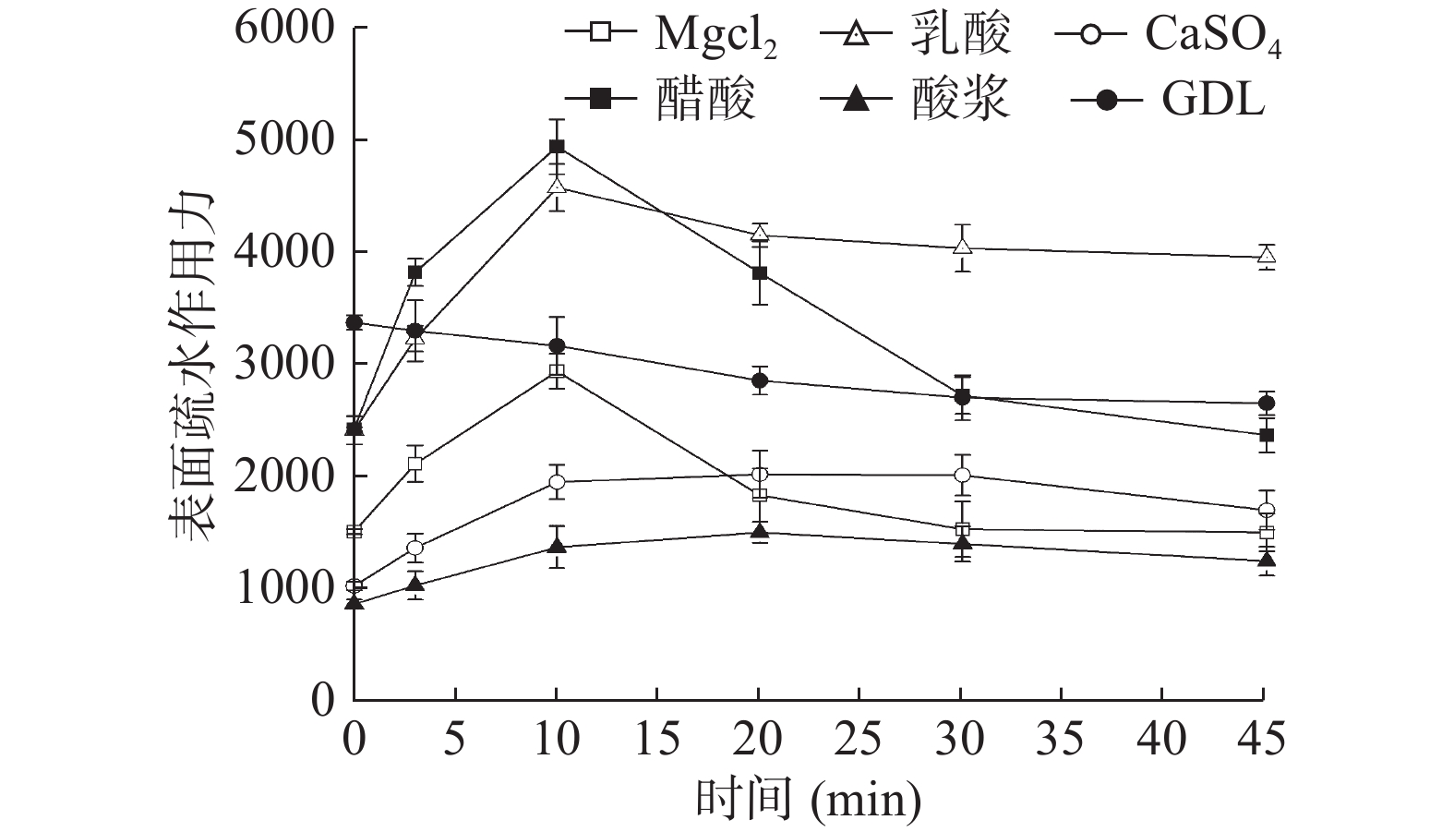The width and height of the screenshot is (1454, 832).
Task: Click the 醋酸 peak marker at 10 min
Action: point(557,146)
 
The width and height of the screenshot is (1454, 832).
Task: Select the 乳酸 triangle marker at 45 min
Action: point(1267,256)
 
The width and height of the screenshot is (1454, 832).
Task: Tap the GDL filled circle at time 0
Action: point(354,322)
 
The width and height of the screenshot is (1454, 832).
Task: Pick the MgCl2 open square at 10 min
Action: point(557,371)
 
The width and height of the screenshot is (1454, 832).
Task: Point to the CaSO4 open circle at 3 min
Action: point(415,548)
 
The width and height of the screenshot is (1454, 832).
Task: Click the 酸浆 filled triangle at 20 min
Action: point(759,531)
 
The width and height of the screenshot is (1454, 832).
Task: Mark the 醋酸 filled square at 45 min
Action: point(1267,435)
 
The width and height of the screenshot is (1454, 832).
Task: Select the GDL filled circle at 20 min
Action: point(759,380)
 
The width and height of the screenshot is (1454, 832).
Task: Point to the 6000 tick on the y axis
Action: point(283,28)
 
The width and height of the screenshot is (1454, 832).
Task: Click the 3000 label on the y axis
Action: point(283,364)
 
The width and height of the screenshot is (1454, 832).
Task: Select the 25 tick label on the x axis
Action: point(860,739)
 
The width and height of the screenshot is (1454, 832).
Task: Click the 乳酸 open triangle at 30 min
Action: point(962,247)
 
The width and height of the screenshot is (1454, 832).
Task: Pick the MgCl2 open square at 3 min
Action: point(415,464)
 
